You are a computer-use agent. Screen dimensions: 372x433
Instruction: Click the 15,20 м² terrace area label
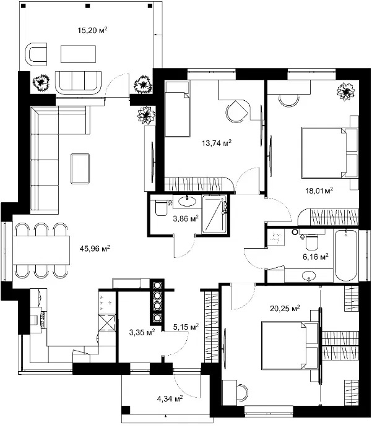(x=92, y=30)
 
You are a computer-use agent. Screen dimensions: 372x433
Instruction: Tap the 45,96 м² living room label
(x=95, y=249)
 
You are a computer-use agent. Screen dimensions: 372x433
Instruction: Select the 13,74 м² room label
(x=217, y=143)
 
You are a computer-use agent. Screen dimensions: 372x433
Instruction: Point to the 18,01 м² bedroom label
(x=319, y=191)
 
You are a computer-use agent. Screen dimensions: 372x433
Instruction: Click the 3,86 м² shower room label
(x=186, y=219)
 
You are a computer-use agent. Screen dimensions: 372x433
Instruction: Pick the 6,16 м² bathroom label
(x=316, y=257)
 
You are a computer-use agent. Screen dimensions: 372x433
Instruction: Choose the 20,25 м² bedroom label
(x=285, y=308)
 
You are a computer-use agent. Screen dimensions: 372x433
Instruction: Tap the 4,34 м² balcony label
(x=170, y=398)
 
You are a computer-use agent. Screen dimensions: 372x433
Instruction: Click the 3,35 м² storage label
(x=142, y=332)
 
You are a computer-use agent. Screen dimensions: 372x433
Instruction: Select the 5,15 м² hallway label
(x=186, y=327)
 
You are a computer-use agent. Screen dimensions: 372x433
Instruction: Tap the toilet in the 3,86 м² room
(x=160, y=208)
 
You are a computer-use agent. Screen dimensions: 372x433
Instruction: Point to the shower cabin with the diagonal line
(x=214, y=214)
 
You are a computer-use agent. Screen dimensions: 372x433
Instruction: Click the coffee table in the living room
(x=80, y=169)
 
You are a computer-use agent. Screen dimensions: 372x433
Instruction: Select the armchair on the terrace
(x=36, y=54)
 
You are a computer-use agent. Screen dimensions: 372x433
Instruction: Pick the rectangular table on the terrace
(x=79, y=54)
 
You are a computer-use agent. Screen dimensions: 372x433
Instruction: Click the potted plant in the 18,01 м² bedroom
(x=345, y=92)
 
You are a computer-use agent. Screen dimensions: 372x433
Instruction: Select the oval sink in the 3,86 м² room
(x=188, y=201)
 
